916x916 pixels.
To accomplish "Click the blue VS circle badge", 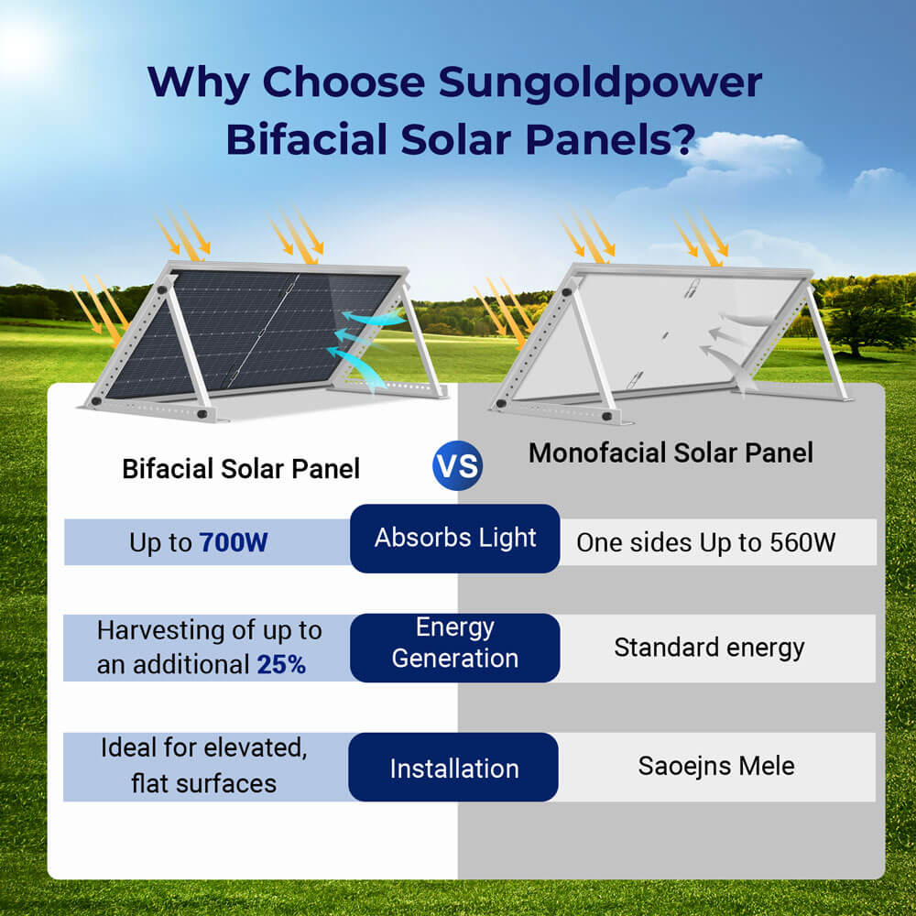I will tap(457, 466).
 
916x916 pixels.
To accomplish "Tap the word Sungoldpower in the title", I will tap(600, 82).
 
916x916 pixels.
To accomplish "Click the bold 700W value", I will tap(234, 542).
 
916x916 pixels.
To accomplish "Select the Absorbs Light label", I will tap(455, 538).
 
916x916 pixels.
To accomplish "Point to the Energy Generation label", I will tap(455, 643).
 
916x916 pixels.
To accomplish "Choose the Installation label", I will tap(454, 769).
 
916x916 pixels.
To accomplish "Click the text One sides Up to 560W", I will tap(705, 542).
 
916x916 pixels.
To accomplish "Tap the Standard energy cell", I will tap(709, 648).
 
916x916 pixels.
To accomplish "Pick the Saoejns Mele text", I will tap(716, 766).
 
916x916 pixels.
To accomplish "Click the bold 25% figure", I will tap(281, 665).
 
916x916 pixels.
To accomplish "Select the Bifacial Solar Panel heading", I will tap(241, 469).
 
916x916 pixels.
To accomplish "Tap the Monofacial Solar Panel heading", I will tap(671, 453).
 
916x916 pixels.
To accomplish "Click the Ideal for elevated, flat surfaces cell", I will tap(202, 766).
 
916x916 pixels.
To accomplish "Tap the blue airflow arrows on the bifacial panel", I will tap(366, 343).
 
